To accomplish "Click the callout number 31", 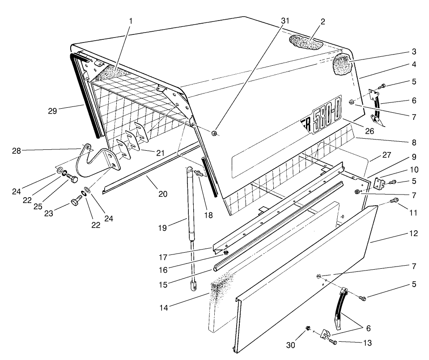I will coord(285,21).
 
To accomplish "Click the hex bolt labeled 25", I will coord(72,179).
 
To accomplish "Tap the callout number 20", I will coord(162,194).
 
